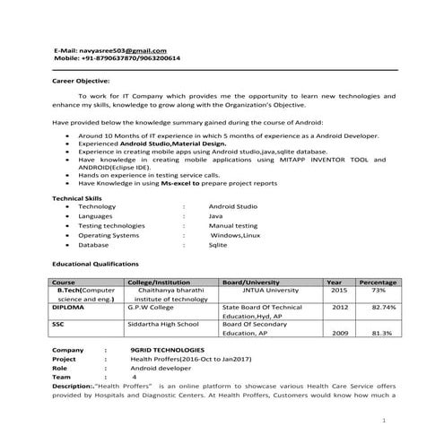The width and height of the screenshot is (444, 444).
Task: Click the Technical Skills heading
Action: point(79,197)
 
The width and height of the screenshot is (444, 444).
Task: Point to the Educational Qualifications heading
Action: point(96,265)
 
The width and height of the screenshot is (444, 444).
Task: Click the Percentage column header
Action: point(378,282)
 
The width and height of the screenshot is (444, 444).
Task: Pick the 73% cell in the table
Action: point(379,291)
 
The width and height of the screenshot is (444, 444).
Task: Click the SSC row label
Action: point(58,324)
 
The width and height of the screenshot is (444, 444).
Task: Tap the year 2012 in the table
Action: point(339,308)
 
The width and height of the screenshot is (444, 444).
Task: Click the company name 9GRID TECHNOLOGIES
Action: point(167,349)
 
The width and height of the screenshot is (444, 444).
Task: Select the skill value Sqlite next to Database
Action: point(218,244)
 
